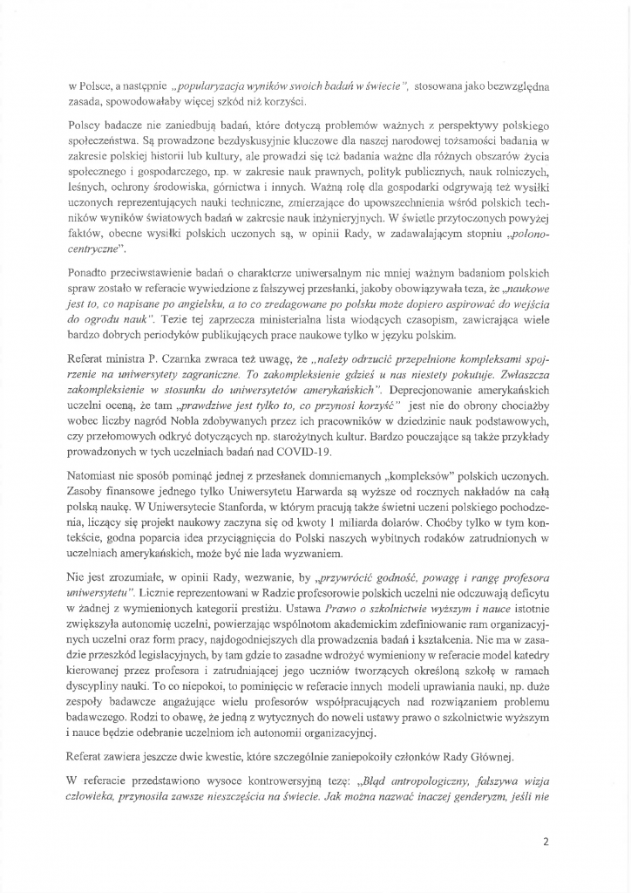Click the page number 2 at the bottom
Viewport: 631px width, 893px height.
tap(545, 842)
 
